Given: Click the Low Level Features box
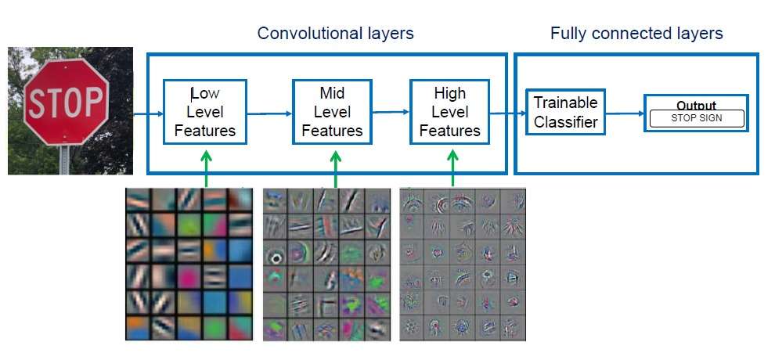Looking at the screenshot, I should pos(205,112).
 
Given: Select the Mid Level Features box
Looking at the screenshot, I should pos(332,112).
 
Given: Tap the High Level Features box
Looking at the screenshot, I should pos(449,112).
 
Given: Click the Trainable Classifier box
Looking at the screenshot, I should pos(565,112).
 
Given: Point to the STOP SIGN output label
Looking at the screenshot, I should pos(696,119).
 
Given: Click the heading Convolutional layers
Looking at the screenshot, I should pos(335,33).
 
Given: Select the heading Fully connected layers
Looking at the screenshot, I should pos(636,33).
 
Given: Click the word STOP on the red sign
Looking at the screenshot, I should pos(65,103).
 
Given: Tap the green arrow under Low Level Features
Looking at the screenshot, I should pos(206,168).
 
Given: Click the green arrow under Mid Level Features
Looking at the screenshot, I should pos(336,168).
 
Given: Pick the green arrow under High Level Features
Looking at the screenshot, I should pos(452,168).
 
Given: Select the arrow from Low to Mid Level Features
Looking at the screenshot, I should pos(269,113).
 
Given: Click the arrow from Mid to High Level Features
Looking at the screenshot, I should pos(391,112).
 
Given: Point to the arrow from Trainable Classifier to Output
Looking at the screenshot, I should pos(625,113).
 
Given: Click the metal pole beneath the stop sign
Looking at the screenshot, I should pos(64,160).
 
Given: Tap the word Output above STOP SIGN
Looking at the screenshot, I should pos(696,106).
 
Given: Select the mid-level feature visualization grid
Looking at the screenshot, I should pos(326,264).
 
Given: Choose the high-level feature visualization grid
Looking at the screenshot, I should pos(462,264).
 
